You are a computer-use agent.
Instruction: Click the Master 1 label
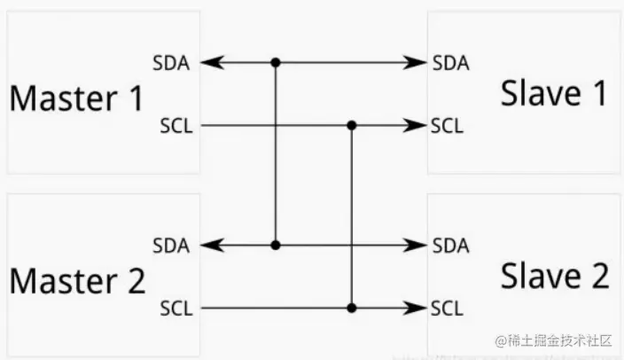click(76, 98)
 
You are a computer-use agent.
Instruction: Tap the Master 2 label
click(78, 281)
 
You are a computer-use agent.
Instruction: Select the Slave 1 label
click(554, 93)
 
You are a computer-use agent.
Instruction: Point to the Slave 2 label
click(555, 277)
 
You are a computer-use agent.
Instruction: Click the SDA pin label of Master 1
click(170, 63)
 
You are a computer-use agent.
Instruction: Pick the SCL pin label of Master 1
click(173, 125)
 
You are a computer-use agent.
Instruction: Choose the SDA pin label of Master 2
click(170, 246)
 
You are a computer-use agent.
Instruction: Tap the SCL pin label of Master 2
click(173, 309)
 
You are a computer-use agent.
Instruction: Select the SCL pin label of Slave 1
click(447, 125)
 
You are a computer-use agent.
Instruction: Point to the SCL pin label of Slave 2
click(447, 309)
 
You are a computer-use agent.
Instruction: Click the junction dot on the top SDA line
click(276, 63)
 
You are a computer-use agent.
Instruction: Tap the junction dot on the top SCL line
click(352, 125)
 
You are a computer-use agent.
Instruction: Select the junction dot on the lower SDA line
click(276, 246)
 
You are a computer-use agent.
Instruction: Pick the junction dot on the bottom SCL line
click(352, 309)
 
